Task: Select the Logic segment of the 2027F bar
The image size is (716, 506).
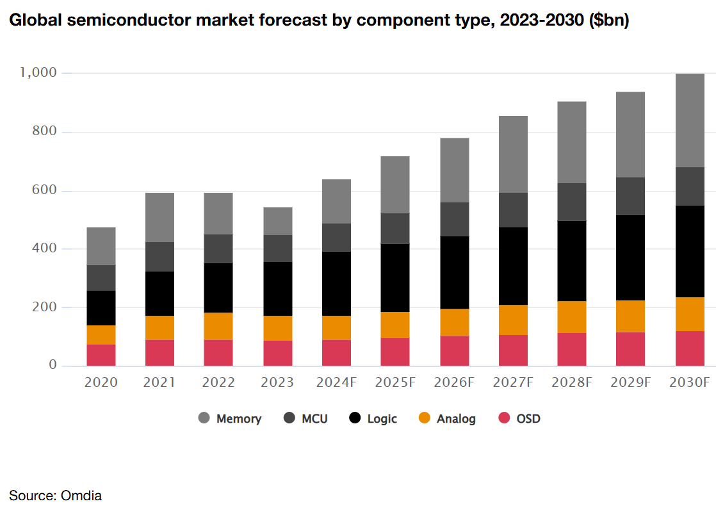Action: [513, 266]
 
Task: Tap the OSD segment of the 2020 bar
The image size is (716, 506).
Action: [101, 355]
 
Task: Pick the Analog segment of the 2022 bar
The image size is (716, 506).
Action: [218, 326]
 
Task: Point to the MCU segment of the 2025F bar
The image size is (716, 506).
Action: [395, 229]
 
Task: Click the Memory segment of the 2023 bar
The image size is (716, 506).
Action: [277, 221]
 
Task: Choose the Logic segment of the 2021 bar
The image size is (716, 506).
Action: [159, 293]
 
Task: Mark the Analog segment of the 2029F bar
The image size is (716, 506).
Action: [631, 316]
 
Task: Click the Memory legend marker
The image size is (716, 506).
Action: [204, 418]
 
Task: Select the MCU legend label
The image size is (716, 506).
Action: [314, 419]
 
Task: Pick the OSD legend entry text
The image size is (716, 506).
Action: [528, 419]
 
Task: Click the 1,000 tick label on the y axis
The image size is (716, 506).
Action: [38, 73]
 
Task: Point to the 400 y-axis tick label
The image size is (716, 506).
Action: [44, 249]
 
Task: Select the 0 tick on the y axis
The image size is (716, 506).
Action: [53, 366]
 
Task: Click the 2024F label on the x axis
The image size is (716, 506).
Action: [336, 382]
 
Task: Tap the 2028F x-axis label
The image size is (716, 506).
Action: [571, 382]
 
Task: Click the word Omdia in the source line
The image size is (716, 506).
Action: [81, 495]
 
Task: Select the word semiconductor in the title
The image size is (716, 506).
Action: [126, 20]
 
